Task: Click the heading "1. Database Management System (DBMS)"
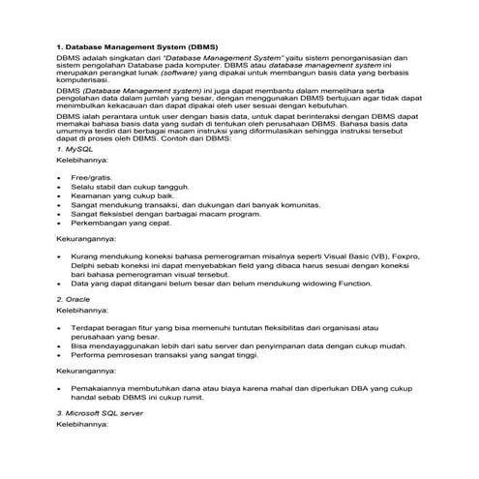pos(136,45)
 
